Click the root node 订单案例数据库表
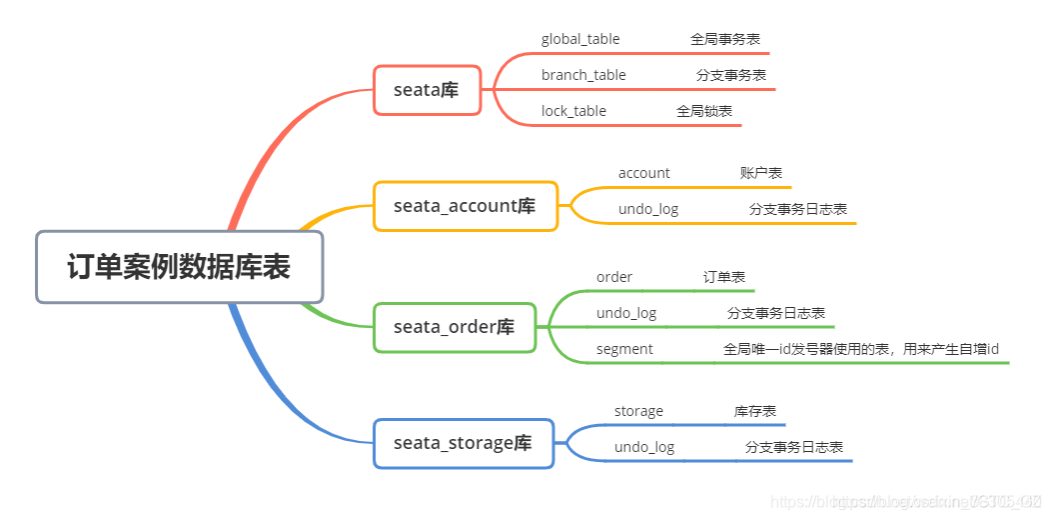(180, 267)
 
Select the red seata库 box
(427, 90)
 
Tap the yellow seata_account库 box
(465, 206)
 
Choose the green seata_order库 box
(454, 327)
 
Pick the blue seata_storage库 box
(463, 443)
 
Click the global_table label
(580, 39)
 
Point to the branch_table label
(583, 75)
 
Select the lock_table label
(573, 111)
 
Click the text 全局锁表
(704, 111)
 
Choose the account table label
(644, 173)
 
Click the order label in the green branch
(614, 277)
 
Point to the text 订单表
(723, 277)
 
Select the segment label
(624, 349)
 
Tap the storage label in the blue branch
(638, 411)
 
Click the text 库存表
(755, 411)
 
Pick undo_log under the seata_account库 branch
(648, 209)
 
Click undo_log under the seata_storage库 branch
(644, 447)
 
